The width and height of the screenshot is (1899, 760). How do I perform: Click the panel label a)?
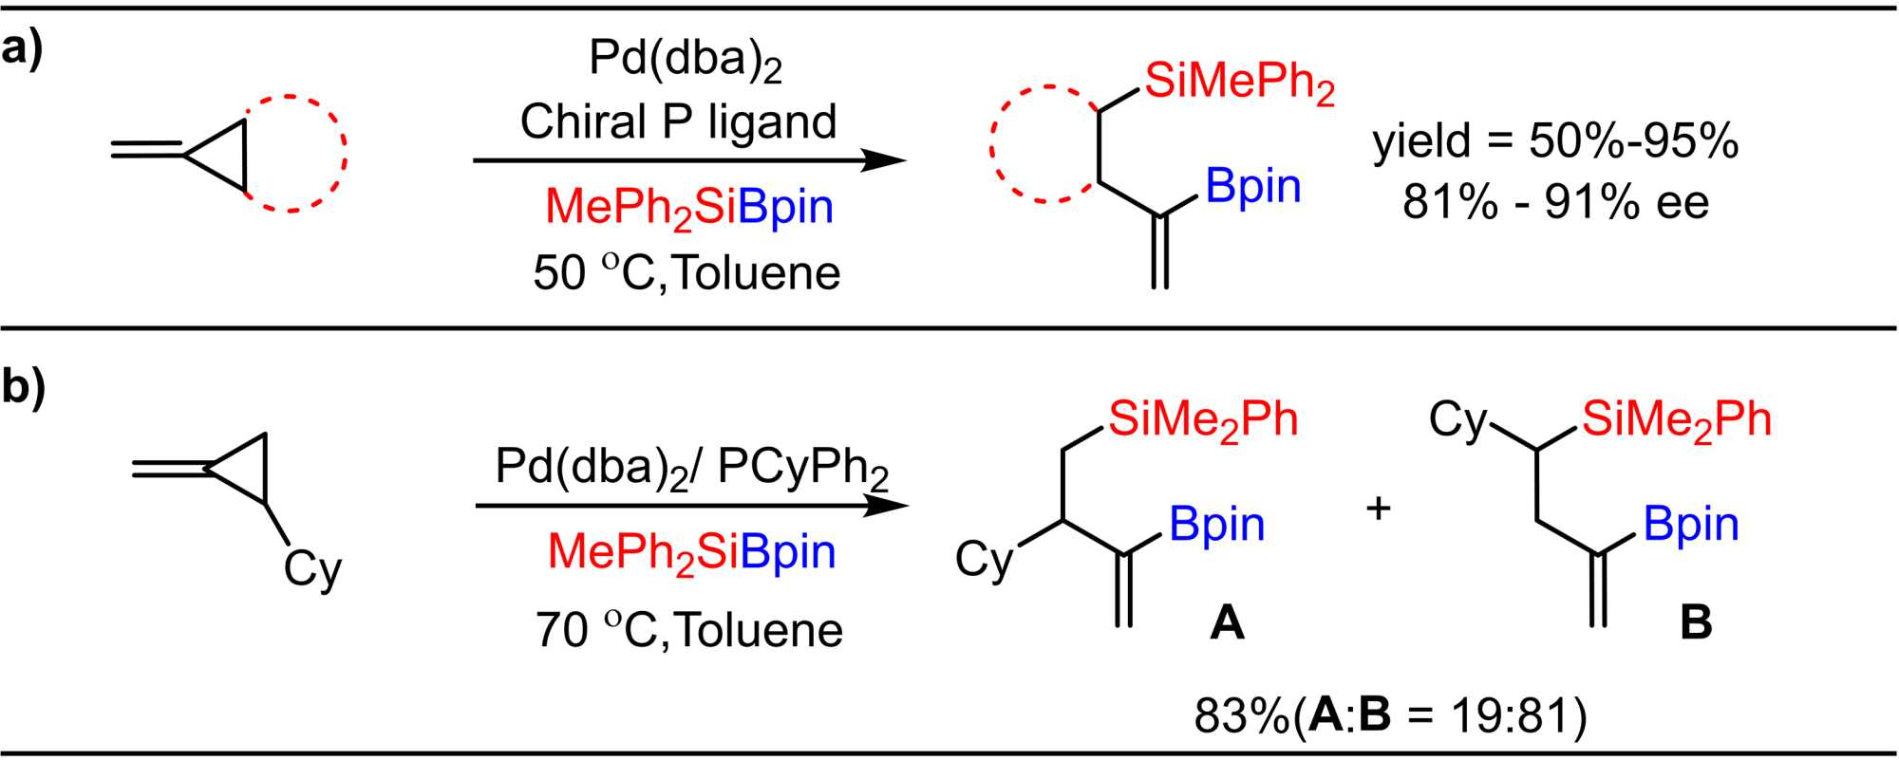pos(23,48)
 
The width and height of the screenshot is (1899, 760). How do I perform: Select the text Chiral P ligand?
pos(678,122)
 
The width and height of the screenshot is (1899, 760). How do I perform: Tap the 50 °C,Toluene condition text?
pos(686,273)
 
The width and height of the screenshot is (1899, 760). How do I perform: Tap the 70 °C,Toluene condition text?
pos(688,630)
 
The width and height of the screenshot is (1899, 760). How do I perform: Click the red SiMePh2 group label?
pos(1239,83)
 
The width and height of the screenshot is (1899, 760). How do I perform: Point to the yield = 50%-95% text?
pos(1555,142)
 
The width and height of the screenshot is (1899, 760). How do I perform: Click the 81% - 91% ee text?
pos(1555,202)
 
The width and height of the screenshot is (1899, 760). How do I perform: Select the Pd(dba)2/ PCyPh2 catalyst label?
pos(691,467)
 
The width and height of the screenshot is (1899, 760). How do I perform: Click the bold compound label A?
pos(1226,623)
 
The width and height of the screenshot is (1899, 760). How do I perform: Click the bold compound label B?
pos(1696,623)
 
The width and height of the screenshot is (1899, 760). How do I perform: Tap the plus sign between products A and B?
pos(1378,509)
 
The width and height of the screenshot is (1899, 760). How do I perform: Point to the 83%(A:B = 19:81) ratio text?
pos(1390,716)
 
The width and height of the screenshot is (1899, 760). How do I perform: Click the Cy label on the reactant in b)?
pos(312,569)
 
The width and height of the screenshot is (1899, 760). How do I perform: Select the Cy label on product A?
pos(985,560)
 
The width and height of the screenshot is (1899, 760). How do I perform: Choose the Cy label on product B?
pos(1459,420)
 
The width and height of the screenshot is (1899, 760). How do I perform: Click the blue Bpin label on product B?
pos(1691,524)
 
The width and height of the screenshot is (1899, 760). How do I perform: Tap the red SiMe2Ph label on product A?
pos(1203,420)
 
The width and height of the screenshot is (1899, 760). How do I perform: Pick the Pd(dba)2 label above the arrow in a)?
pos(685,59)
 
